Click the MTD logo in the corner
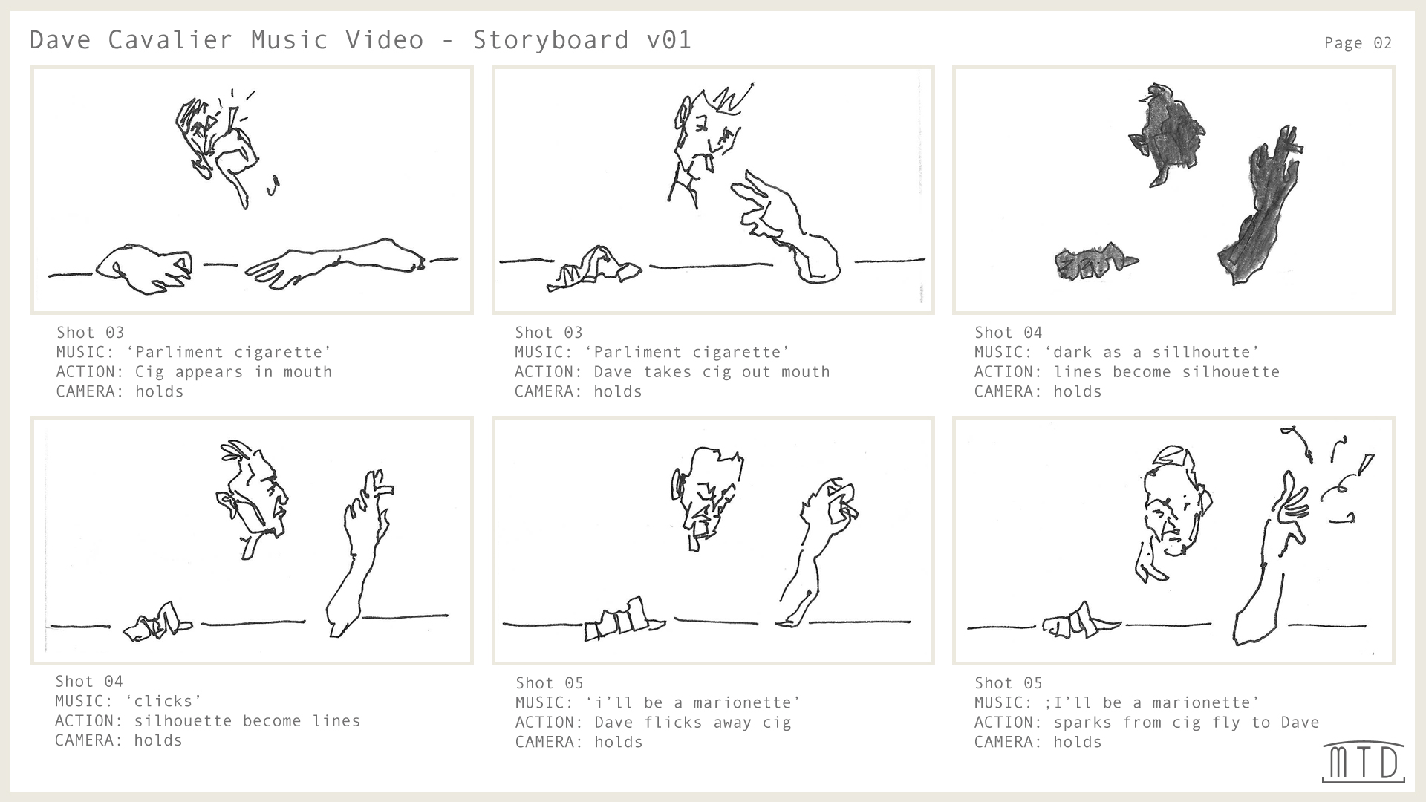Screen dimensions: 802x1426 pyautogui.click(x=1364, y=762)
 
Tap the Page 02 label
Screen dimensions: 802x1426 pyautogui.click(x=1358, y=43)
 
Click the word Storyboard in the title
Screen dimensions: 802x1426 pyautogui.click(x=551, y=39)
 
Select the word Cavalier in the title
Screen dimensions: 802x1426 pyautogui.click(x=170, y=39)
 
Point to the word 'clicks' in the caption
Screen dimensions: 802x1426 pyautogui.click(x=163, y=701)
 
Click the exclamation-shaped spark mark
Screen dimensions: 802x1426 pyautogui.click(x=1365, y=464)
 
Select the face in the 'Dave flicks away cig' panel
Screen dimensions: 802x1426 pyautogui.click(x=706, y=494)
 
